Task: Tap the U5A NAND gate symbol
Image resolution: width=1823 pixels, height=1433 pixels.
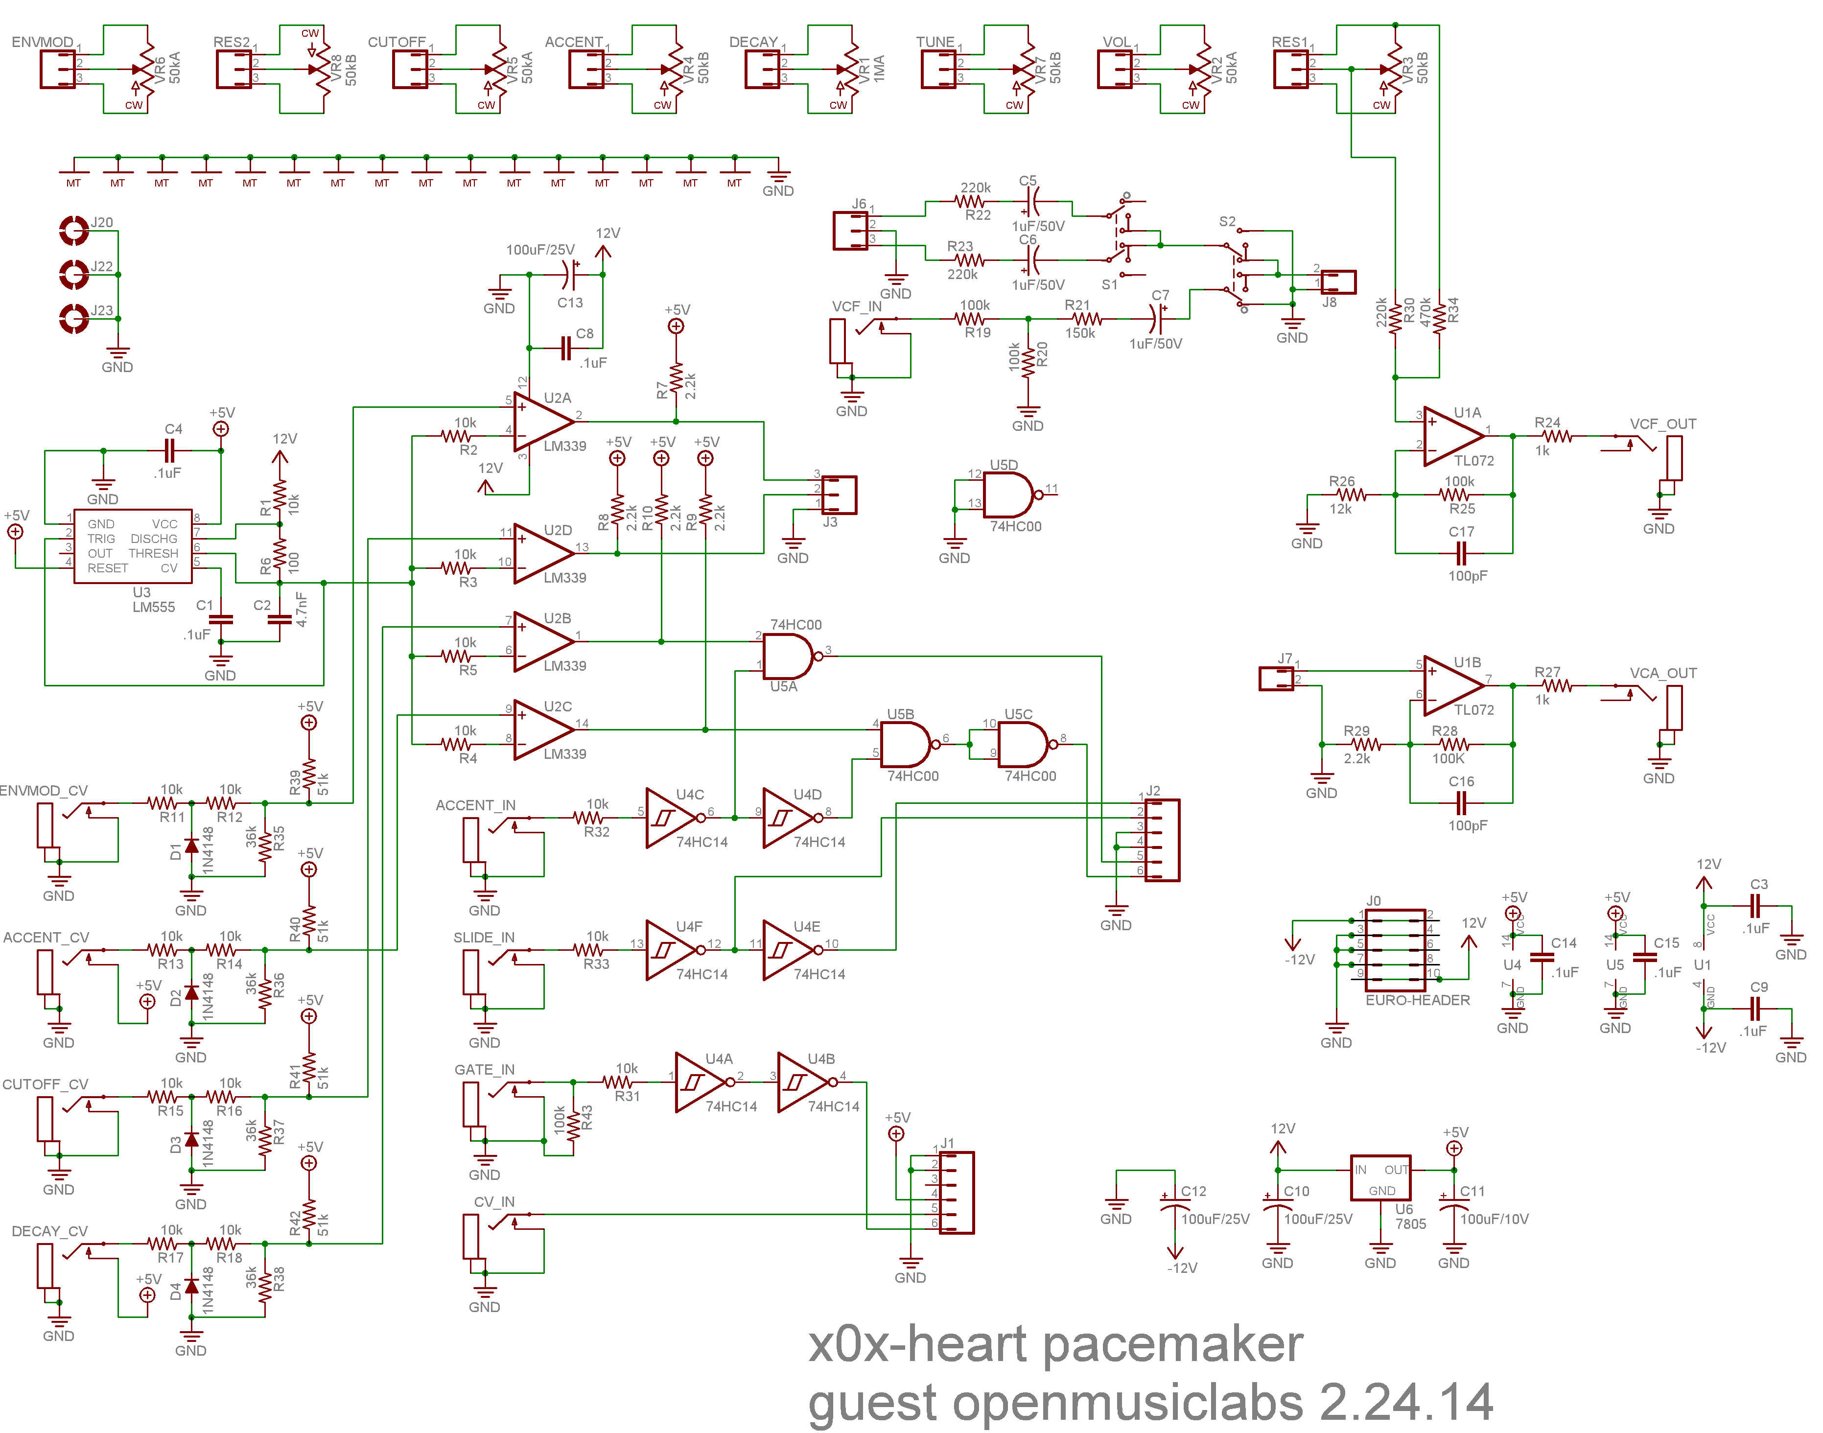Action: pos(787,656)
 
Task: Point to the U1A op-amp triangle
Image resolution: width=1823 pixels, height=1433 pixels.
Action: pos(1451,436)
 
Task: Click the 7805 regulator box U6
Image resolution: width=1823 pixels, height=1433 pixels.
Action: pos(1380,1178)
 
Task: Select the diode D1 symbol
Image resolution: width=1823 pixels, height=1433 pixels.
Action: pos(191,846)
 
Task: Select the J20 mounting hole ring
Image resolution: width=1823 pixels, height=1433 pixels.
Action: pos(74,230)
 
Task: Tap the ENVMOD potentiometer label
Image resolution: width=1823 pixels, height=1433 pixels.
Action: pos(42,42)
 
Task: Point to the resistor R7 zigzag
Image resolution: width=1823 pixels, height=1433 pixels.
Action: pos(676,379)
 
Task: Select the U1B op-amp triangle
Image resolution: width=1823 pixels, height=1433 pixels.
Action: pos(1451,685)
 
